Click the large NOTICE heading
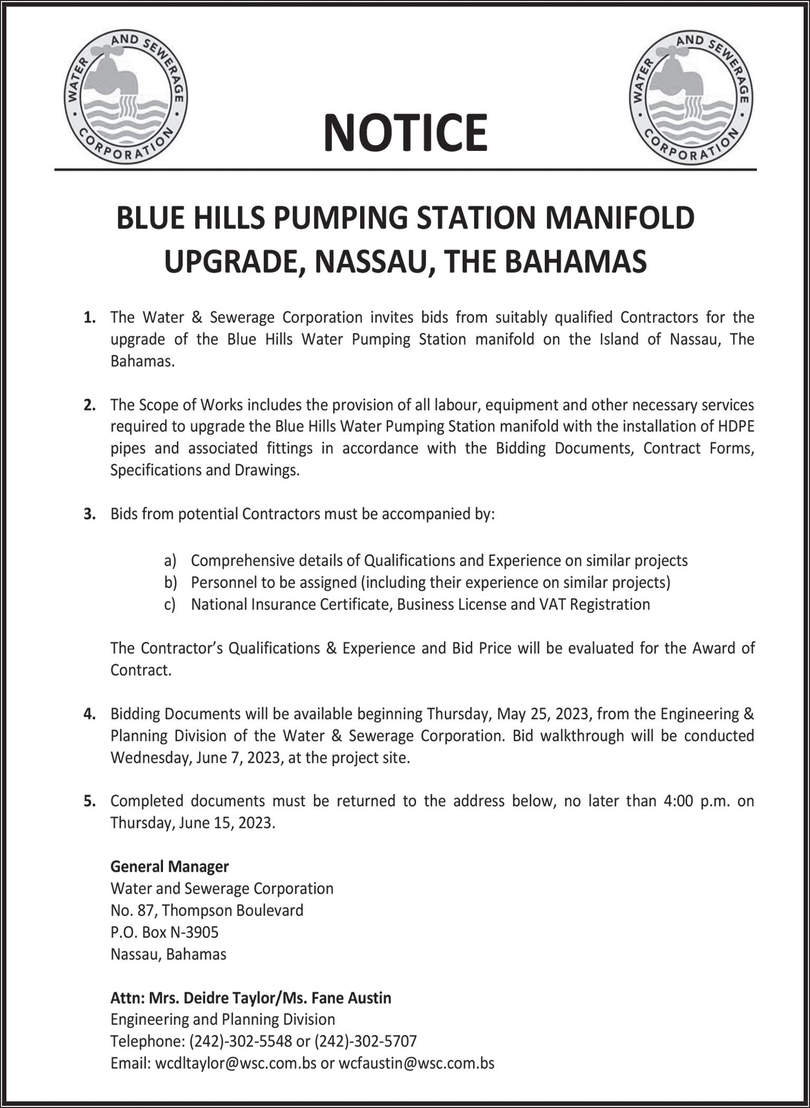tap(405, 132)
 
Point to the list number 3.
tap(89, 514)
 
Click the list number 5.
tap(89, 801)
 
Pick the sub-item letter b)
tap(169, 582)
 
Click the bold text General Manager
tap(169, 866)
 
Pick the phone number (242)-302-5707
tap(365, 1041)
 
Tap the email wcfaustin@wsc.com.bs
tap(416, 1063)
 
